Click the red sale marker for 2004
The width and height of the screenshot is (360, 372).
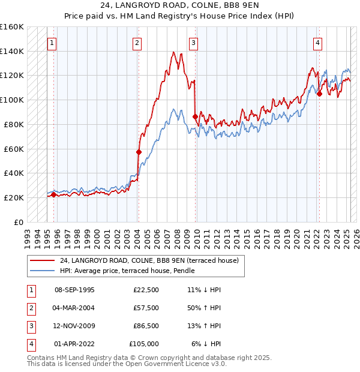139,152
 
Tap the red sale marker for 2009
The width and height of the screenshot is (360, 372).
196,116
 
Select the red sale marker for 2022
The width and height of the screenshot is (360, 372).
319,94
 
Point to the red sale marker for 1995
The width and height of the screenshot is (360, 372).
54,194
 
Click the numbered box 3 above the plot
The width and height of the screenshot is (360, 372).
194,43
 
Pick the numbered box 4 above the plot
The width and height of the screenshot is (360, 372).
317,43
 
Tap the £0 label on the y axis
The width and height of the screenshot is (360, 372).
19,222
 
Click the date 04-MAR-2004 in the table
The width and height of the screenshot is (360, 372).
74,307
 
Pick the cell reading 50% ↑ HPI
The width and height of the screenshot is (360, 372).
203,307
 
